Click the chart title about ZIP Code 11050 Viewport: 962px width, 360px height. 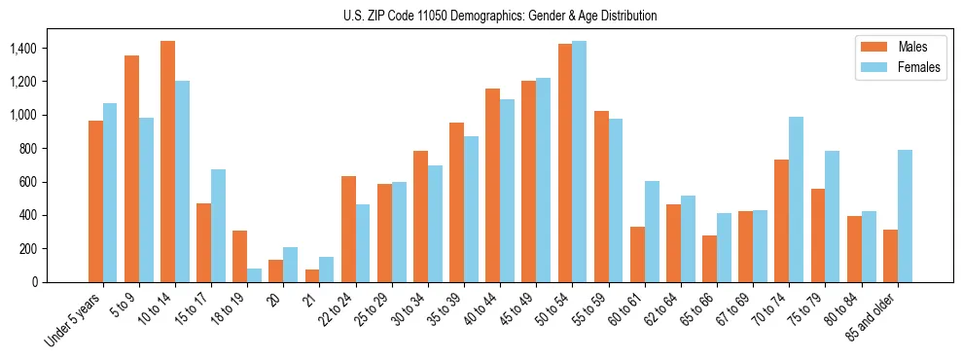(500, 16)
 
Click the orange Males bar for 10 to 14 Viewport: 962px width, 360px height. (167, 162)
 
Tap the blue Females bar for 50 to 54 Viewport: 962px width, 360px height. (579, 162)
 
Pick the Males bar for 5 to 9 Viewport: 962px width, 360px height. (131, 168)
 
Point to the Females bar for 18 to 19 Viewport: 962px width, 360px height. (254, 275)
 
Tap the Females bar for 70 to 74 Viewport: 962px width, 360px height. (796, 199)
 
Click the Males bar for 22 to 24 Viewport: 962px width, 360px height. (348, 229)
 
